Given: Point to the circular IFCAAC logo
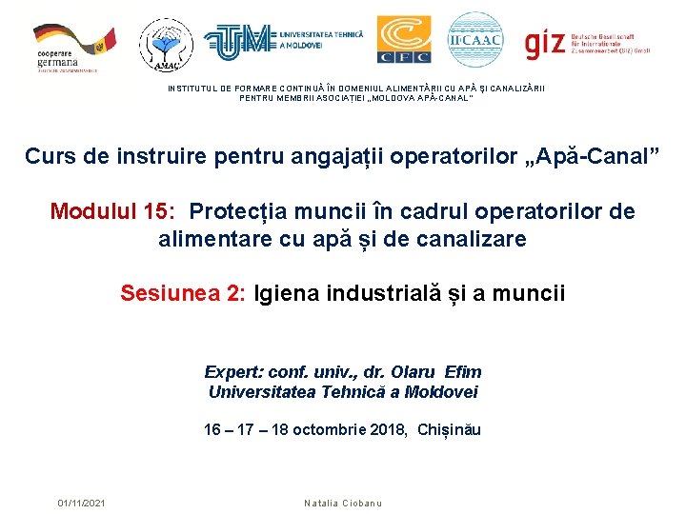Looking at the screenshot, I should point(474,39).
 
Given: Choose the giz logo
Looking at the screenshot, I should point(591,41).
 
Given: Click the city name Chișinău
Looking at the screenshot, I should point(449,430).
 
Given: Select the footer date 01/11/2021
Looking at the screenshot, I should point(82,503).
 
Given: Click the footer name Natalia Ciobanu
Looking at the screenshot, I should point(343,503).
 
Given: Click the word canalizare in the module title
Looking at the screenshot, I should point(474,239).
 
